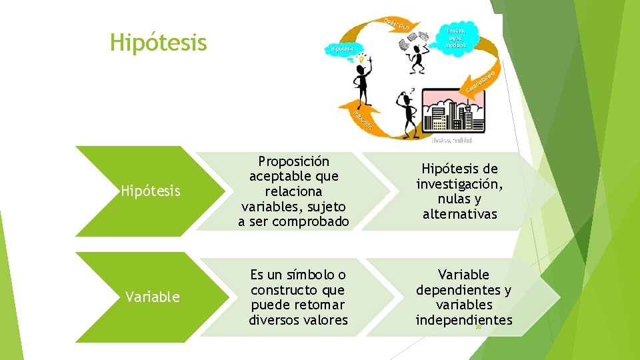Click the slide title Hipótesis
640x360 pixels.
pyautogui.click(x=159, y=43)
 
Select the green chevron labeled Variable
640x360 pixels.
pyautogui.click(x=152, y=297)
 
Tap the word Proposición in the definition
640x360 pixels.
pyautogui.click(x=294, y=161)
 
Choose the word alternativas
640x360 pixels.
pyautogui.click(x=459, y=214)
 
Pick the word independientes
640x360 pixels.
pyautogui.click(x=464, y=321)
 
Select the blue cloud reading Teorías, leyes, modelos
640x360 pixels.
pyautogui.click(x=457, y=38)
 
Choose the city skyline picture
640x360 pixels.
pyautogui.click(x=452, y=111)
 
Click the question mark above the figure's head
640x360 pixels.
pyautogui.click(x=413, y=90)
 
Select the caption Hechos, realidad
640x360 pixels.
pyautogui.click(x=451, y=140)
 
